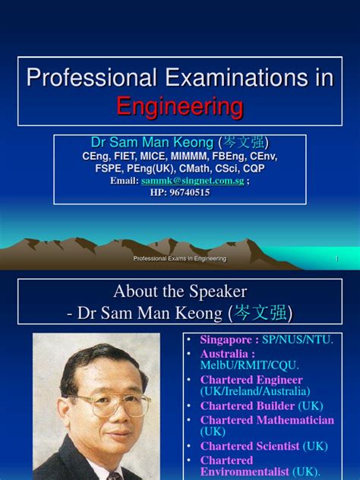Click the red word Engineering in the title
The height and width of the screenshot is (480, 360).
coord(179,106)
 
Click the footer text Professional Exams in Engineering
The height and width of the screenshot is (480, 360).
coord(180,260)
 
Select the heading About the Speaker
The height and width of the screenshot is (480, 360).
coord(180,291)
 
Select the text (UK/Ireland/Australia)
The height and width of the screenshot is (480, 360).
coord(255,392)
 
